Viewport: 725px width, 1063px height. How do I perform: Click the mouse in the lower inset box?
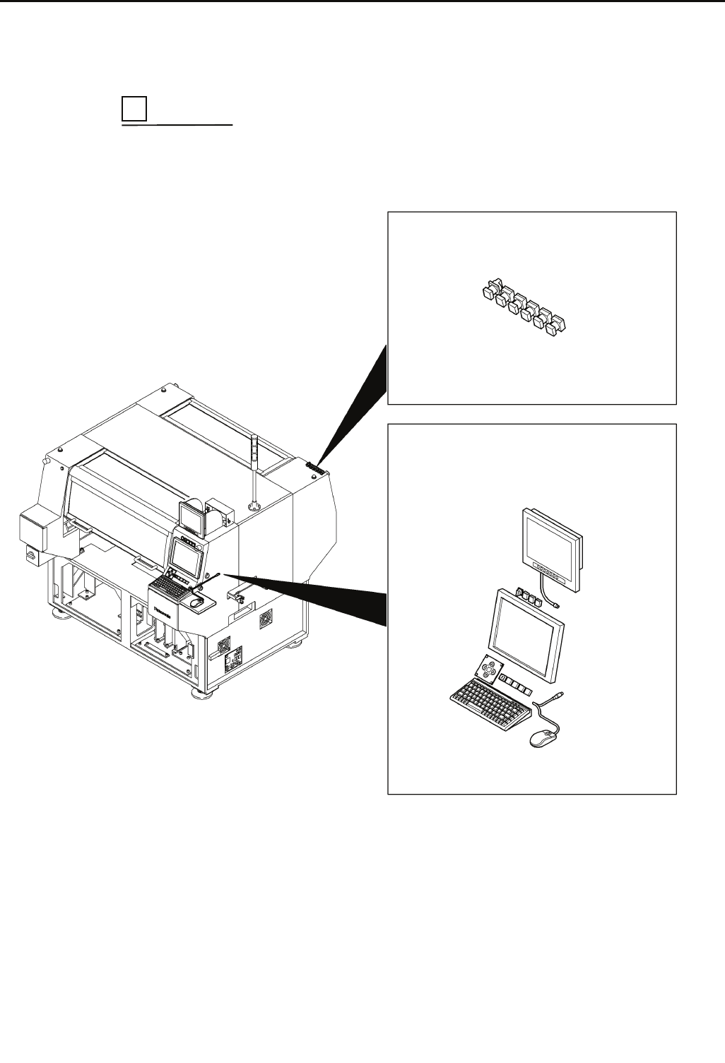click(543, 737)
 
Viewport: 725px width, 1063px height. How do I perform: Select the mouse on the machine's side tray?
click(198, 601)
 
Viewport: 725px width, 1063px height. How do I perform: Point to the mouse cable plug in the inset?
click(559, 696)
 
